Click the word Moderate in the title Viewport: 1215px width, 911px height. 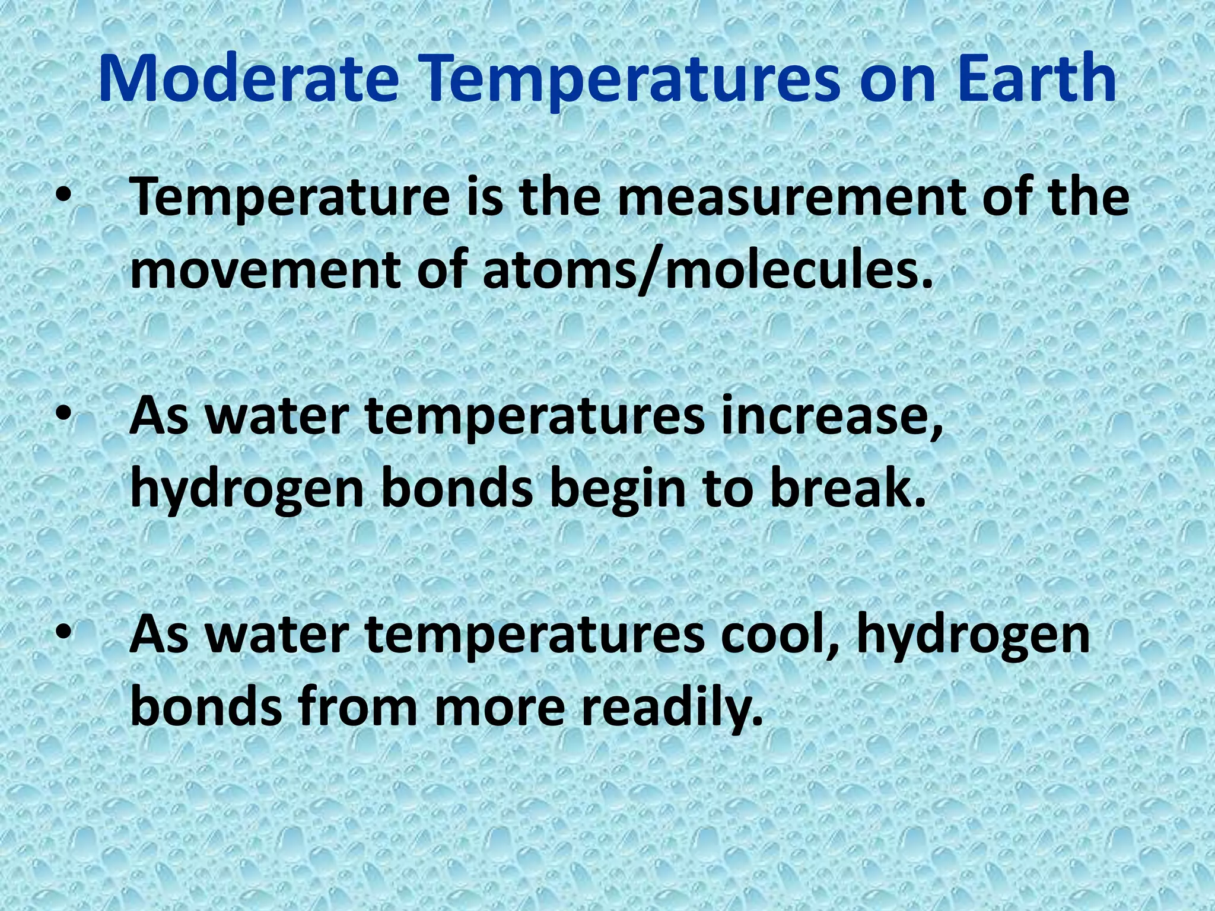[x=248, y=79]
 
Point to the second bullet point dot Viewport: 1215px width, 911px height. [x=63, y=415]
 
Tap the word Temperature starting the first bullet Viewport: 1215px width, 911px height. [x=290, y=199]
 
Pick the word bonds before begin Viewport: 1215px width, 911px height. [x=457, y=489]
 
